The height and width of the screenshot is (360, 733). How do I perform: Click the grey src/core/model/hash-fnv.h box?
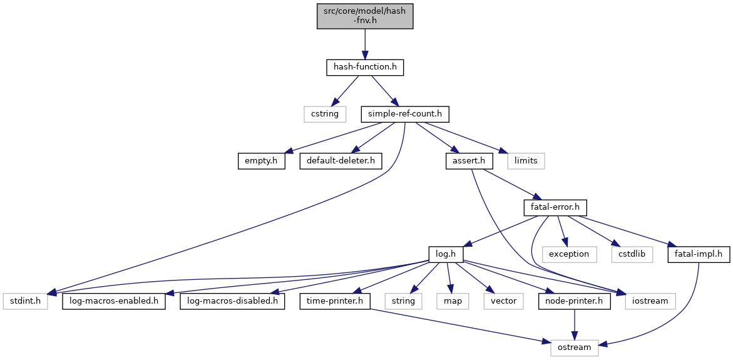pos(365,16)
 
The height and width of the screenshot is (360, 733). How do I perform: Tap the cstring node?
pos(325,114)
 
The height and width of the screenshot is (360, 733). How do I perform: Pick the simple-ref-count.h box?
pos(405,114)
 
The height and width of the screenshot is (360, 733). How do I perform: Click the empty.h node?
pos(261,162)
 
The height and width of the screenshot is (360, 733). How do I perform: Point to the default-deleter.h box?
pos(341,162)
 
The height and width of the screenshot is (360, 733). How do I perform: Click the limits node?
pos(526,162)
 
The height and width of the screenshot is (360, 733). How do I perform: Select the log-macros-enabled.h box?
pos(113,302)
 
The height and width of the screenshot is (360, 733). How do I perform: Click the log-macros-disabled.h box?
pos(232,302)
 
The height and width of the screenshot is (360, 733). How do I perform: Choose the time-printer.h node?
pos(335,302)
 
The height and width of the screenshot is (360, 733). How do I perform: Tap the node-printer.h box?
pos(575,302)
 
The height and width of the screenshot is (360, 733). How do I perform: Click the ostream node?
pos(575,348)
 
